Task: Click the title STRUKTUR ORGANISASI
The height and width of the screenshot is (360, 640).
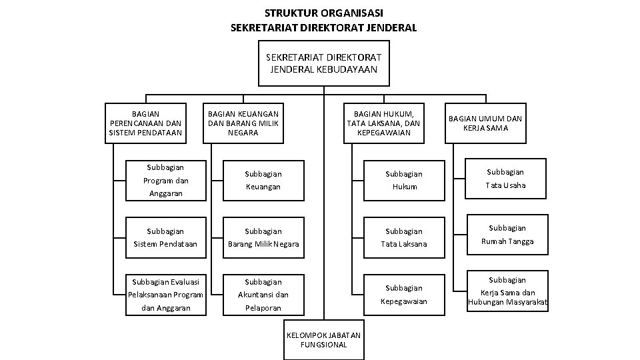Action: point(323,13)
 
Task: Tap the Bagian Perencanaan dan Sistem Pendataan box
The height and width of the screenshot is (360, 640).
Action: point(145,123)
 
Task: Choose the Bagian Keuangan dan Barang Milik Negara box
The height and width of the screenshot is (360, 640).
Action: point(243,123)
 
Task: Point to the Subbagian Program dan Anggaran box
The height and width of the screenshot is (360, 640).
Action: point(166,180)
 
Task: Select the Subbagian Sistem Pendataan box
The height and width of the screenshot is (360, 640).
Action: point(166,237)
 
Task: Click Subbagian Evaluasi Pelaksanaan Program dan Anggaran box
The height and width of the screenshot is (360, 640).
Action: point(166,295)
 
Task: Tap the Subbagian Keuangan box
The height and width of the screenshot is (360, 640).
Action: point(263,180)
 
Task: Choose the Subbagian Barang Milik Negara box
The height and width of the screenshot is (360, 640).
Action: point(263,237)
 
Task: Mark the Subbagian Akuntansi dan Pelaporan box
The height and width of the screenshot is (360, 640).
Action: point(263,295)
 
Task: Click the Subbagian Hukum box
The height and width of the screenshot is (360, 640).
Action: point(403,180)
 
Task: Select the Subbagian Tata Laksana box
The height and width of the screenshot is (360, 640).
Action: point(403,237)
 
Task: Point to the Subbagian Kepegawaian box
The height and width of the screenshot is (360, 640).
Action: point(403,295)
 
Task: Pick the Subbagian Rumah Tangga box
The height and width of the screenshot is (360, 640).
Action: point(507,235)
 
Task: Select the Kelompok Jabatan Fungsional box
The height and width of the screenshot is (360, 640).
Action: point(324,339)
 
